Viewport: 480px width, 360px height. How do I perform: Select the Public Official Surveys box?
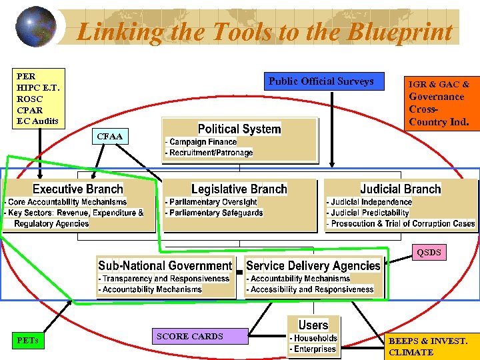point(321,81)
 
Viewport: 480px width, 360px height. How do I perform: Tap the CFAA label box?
point(109,137)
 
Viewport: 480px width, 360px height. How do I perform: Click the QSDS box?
point(429,253)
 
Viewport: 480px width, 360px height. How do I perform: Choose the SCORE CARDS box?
point(189,336)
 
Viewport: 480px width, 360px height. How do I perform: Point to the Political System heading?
point(239,129)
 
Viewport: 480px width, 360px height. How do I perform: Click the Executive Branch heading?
point(78,189)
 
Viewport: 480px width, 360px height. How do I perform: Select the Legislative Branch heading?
point(239,189)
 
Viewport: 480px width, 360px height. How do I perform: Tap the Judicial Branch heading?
point(401,189)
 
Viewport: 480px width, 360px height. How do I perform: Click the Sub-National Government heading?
point(165,265)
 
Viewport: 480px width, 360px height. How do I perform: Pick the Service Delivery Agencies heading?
point(313,265)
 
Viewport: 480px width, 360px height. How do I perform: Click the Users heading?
point(313,325)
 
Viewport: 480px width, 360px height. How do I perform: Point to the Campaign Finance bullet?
point(203,142)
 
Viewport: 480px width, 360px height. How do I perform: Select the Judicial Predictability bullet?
point(369,213)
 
